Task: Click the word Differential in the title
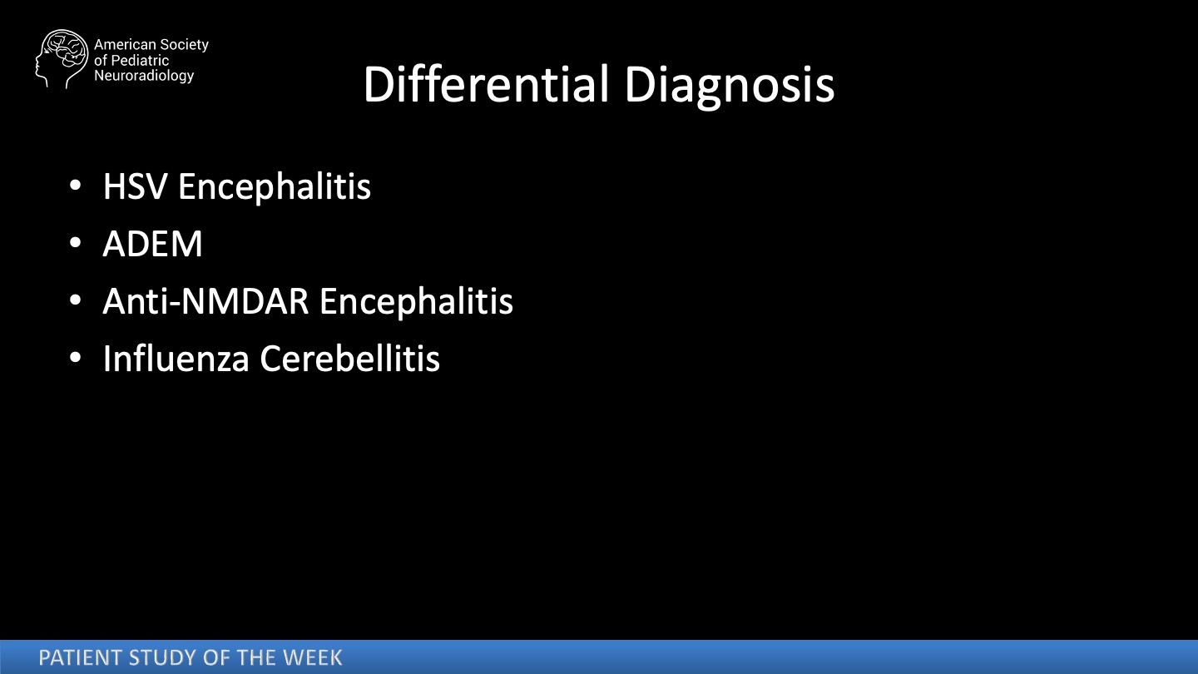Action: tap(487, 84)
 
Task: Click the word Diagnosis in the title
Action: tap(730, 87)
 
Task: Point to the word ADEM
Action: tap(153, 244)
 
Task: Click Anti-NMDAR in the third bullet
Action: tap(206, 301)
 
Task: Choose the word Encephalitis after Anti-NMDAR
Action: tap(416, 302)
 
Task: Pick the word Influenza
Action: tap(176, 358)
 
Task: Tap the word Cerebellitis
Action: tap(349, 358)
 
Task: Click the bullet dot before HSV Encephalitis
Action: tap(76, 186)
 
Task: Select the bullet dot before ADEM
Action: tap(76, 243)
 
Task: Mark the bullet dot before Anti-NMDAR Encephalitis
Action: tap(76, 300)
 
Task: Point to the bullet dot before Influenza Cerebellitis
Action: tap(76, 357)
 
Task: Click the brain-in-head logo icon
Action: tap(62, 59)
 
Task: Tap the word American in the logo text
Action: tap(125, 45)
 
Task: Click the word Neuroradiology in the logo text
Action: tap(144, 76)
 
